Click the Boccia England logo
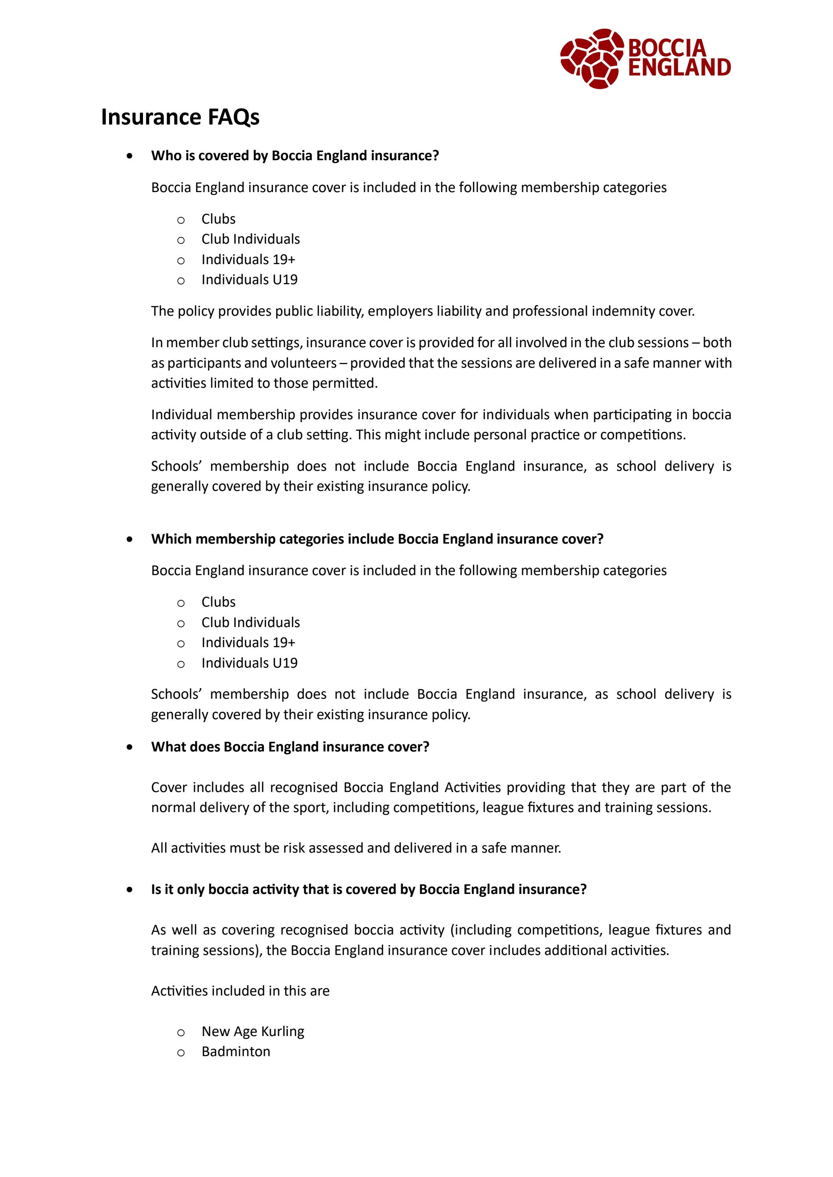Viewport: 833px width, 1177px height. point(645,58)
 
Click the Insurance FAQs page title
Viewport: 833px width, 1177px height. point(180,117)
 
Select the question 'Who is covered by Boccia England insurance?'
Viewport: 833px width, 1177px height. point(295,156)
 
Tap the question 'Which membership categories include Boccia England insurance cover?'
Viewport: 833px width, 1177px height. point(377,539)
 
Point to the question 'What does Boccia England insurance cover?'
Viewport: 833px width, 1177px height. point(290,746)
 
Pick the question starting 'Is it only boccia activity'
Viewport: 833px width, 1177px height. point(368,889)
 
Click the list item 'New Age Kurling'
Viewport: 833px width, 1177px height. point(252,1031)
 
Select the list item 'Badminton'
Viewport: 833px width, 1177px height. point(236,1051)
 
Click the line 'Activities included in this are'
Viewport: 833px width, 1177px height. point(240,990)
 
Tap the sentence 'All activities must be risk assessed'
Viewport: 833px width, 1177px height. point(356,848)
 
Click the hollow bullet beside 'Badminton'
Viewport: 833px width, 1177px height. point(180,1053)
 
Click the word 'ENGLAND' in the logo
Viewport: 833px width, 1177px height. point(679,68)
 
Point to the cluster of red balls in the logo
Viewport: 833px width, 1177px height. point(592,58)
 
